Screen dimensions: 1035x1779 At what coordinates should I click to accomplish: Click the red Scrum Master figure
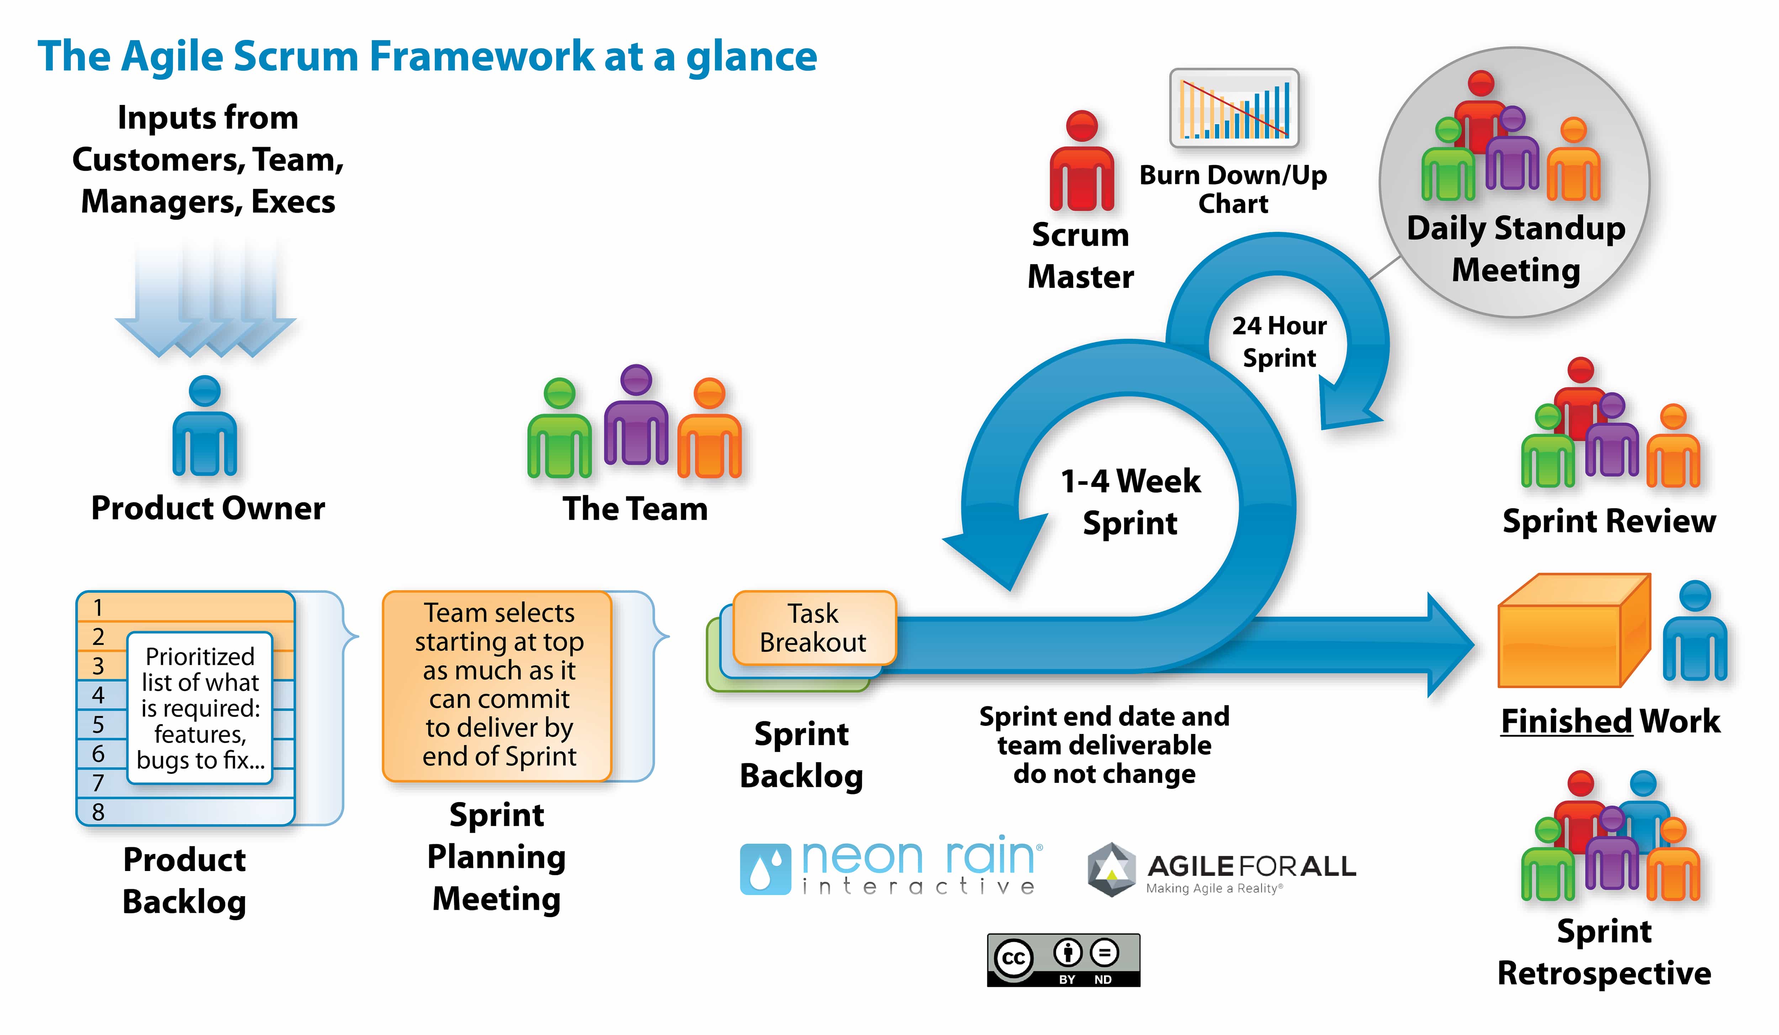point(1082,162)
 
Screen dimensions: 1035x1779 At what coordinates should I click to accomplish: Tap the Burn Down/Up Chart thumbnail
point(1234,108)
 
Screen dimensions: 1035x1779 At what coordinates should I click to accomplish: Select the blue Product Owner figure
point(205,427)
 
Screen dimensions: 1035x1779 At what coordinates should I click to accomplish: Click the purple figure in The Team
point(636,417)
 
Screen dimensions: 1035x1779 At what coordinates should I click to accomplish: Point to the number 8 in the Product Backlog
point(98,812)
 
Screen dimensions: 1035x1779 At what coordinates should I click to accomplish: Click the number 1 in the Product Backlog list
point(98,608)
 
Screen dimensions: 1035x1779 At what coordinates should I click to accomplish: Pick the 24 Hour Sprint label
point(1279,342)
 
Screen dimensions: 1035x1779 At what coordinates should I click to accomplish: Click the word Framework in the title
point(481,57)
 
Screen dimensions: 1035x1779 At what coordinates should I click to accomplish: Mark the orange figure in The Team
point(709,431)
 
